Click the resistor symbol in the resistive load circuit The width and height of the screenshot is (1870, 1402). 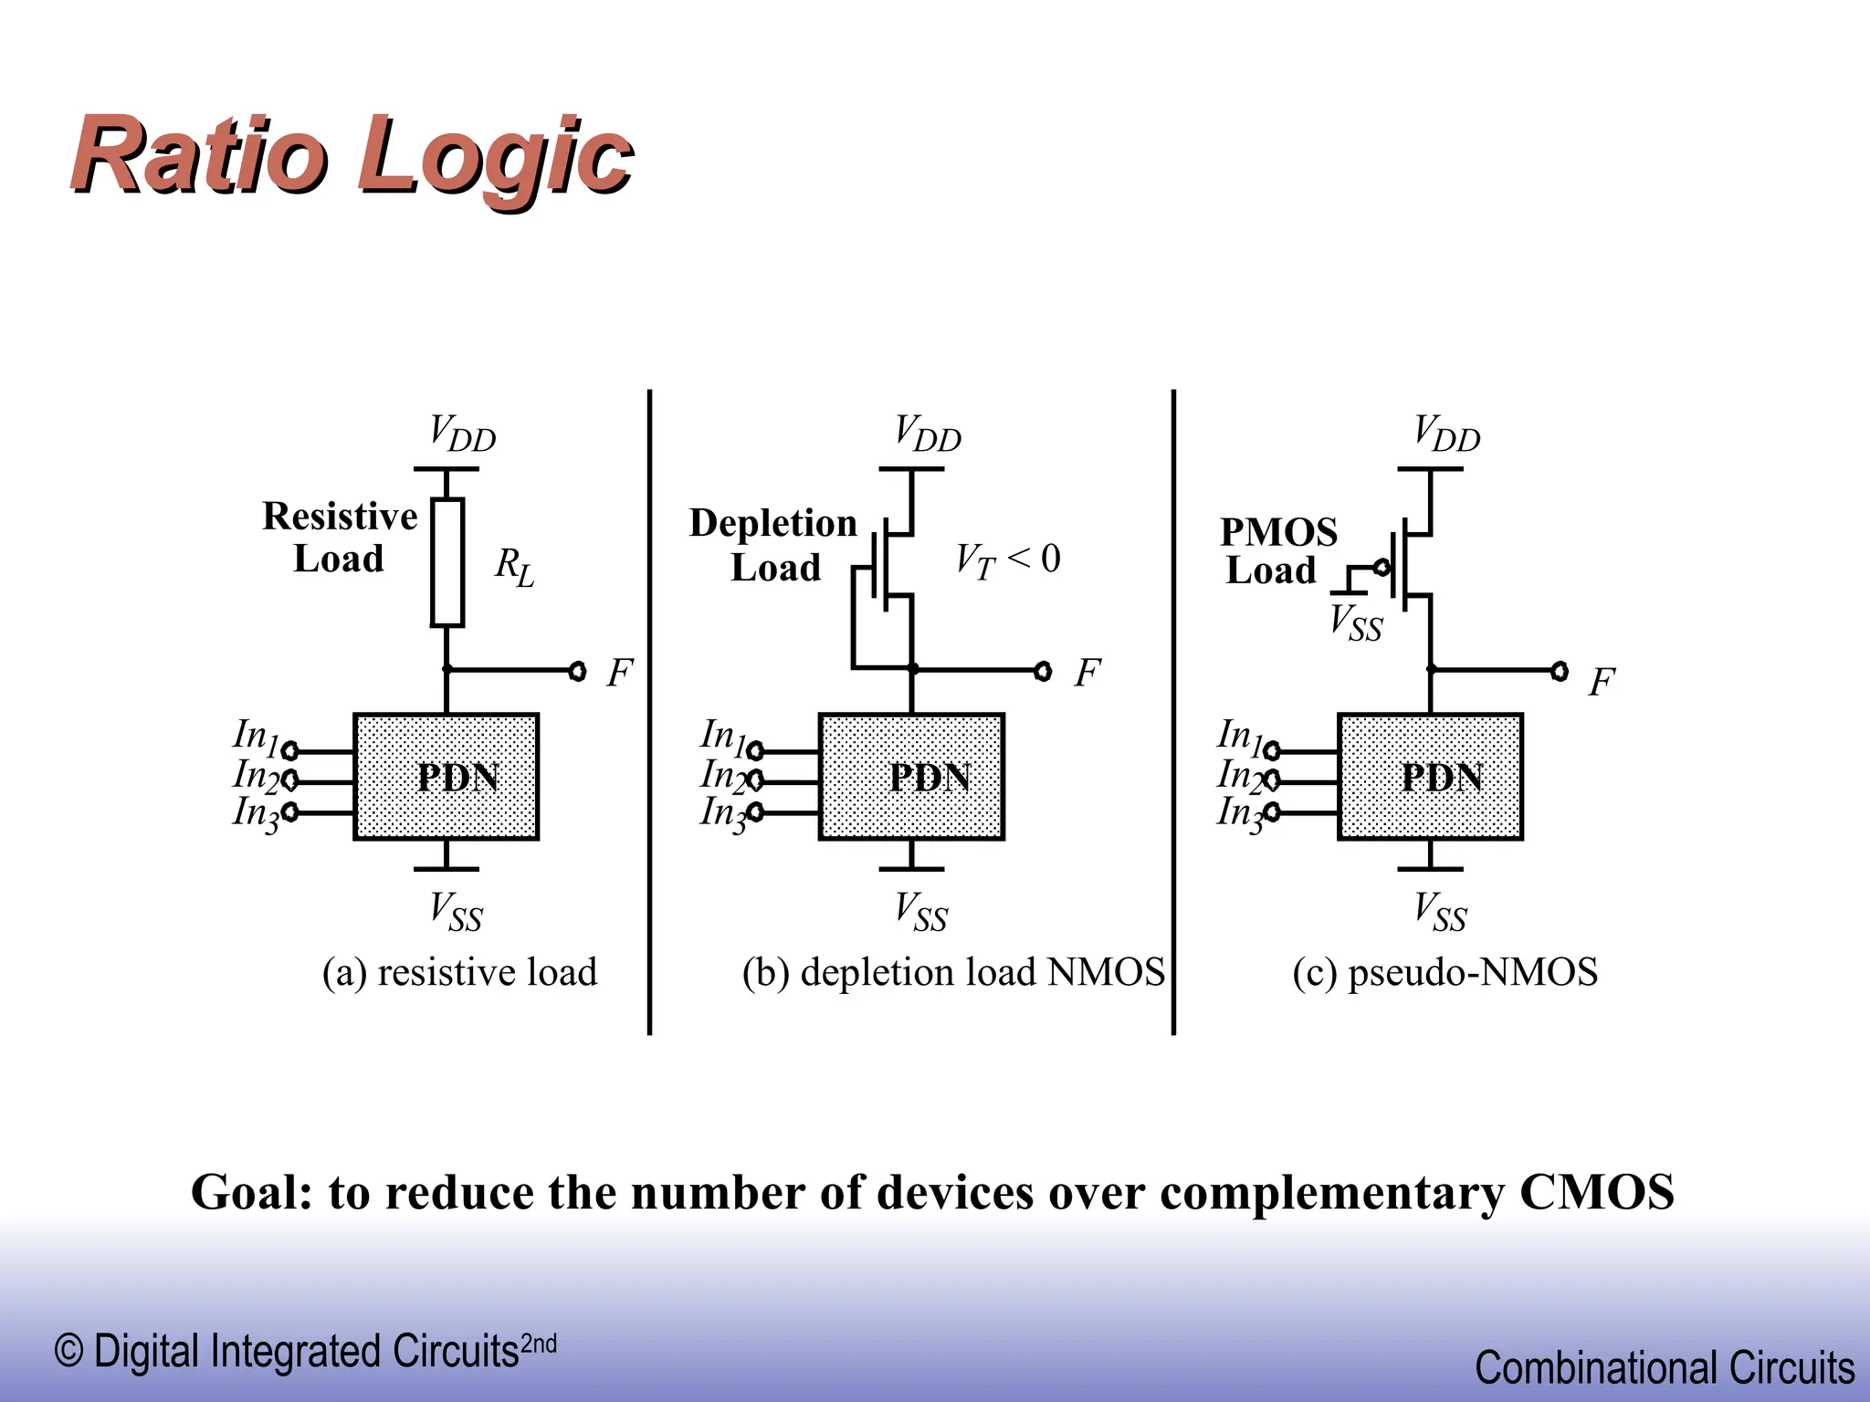(446, 561)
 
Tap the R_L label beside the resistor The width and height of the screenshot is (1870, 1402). (514, 567)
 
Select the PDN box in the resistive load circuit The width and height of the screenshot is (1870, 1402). (446, 777)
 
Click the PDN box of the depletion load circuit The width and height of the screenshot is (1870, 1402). (911, 777)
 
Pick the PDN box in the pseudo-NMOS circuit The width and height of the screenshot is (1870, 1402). (1430, 777)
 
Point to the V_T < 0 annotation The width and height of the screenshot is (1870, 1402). (1007, 560)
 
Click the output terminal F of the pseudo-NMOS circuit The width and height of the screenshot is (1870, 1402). (1560, 672)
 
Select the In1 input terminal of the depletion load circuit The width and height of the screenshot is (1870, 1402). (755, 751)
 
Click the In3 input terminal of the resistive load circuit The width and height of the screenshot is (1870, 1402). (289, 811)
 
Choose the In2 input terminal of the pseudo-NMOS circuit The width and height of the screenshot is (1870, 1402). (1271, 781)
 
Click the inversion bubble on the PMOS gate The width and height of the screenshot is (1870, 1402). (1382, 568)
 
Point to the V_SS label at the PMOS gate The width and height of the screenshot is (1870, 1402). (1355, 623)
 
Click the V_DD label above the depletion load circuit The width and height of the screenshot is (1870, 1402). (927, 434)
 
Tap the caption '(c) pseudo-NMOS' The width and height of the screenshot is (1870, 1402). (1445, 972)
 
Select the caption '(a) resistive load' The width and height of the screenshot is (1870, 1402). (459, 972)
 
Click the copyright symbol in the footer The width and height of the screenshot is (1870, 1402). (68, 1351)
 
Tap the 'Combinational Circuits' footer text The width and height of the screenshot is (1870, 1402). (1664, 1367)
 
